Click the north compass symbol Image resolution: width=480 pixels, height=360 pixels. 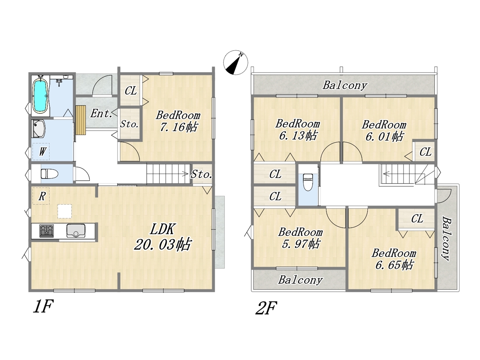236,62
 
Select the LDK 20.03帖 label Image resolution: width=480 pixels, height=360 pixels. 163,237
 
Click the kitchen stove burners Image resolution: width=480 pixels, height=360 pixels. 46,230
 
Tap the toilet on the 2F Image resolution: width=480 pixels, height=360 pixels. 307,182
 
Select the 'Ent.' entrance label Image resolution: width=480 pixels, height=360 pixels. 101,113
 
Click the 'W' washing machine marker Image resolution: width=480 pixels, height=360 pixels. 42,151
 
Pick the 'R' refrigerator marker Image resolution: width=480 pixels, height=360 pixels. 42,196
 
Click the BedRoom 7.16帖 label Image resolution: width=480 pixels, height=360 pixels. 178,121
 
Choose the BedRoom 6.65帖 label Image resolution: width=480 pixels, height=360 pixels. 394,259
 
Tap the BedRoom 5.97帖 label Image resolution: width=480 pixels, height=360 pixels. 300,238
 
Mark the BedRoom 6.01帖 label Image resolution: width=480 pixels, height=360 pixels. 384,130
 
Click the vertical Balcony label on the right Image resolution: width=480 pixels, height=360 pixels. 446,238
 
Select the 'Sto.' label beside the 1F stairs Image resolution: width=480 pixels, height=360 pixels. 202,174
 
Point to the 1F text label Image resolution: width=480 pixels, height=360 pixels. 42,307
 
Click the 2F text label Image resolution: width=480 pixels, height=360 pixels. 266,309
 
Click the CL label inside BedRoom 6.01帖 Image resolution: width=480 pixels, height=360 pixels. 425,152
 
